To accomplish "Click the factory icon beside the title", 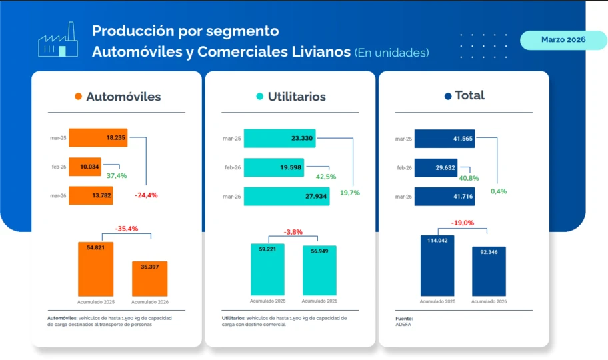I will (57, 41).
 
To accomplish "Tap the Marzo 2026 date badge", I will (563, 40).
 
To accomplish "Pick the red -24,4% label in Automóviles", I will (146, 195).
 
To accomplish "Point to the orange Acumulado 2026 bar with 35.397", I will (150, 278).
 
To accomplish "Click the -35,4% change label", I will (126, 229).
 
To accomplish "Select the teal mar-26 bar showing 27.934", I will (286, 196).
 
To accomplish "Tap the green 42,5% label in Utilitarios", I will (325, 177).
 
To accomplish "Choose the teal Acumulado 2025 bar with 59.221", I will (268, 269).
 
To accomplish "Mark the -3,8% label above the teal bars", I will (293, 232).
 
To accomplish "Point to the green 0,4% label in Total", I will (498, 191).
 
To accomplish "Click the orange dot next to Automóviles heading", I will (78, 97).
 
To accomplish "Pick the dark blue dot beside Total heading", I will (448, 96).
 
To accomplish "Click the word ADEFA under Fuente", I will (403, 325).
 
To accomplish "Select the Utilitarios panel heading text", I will (297, 97).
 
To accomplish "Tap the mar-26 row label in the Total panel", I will (403, 197).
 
